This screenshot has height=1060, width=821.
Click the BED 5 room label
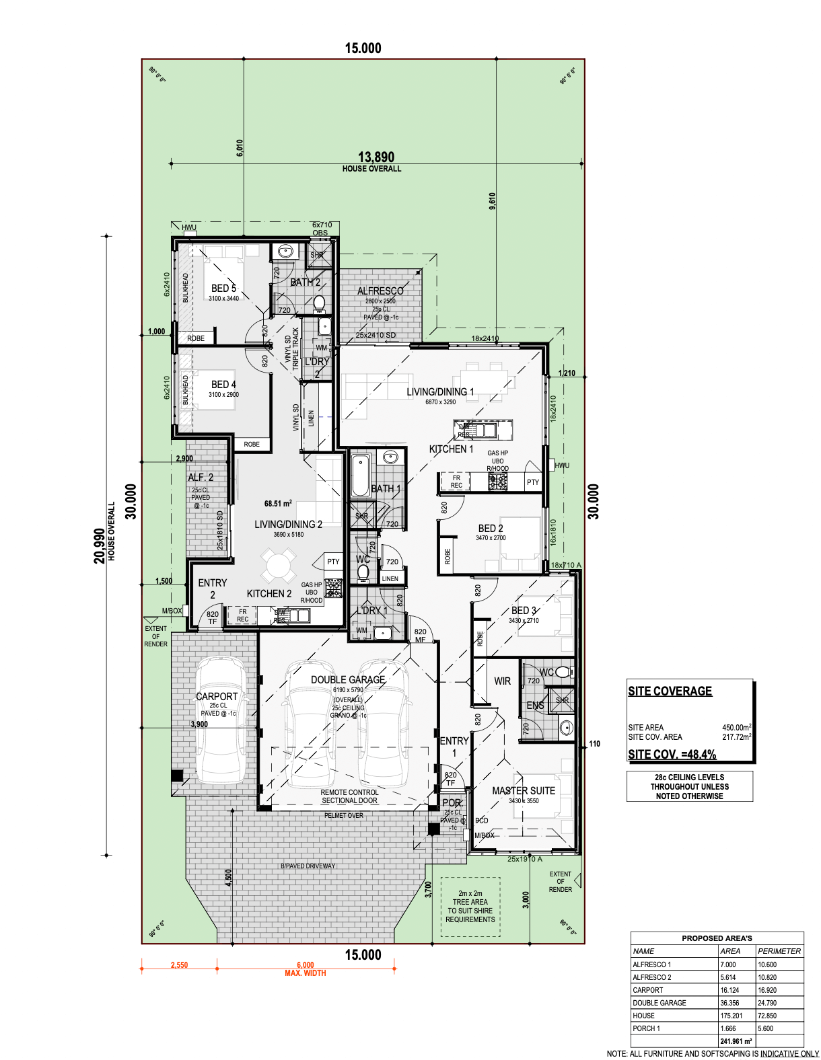(x=223, y=288)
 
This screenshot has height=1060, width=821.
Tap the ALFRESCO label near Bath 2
(x=380, y=291)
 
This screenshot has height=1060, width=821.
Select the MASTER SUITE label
(x=524, y=791)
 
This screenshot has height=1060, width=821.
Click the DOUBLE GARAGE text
(x=348, y=680)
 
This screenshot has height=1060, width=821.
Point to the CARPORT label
(x=217, y=697)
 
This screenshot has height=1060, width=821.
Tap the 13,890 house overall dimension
(x=376, y=157)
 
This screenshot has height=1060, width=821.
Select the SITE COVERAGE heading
(x=670, y=691)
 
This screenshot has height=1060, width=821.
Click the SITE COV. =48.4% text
(x=672, y=755)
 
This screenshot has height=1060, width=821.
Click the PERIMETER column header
(x=779, y=951)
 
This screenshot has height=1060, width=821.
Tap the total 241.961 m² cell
(x=736, y=1041)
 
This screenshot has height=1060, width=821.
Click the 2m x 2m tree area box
(x=470, y=907)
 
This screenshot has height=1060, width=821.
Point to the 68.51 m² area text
(x=278, y=503)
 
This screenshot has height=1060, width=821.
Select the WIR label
(x=502, y=681)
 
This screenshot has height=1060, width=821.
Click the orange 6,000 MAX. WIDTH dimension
(x=306, y=969)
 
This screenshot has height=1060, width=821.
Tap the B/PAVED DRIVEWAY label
(x=308, y=866)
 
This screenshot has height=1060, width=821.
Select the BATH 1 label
(x=386, y=489)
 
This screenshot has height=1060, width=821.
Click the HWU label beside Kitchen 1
(x=562, y=465)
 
